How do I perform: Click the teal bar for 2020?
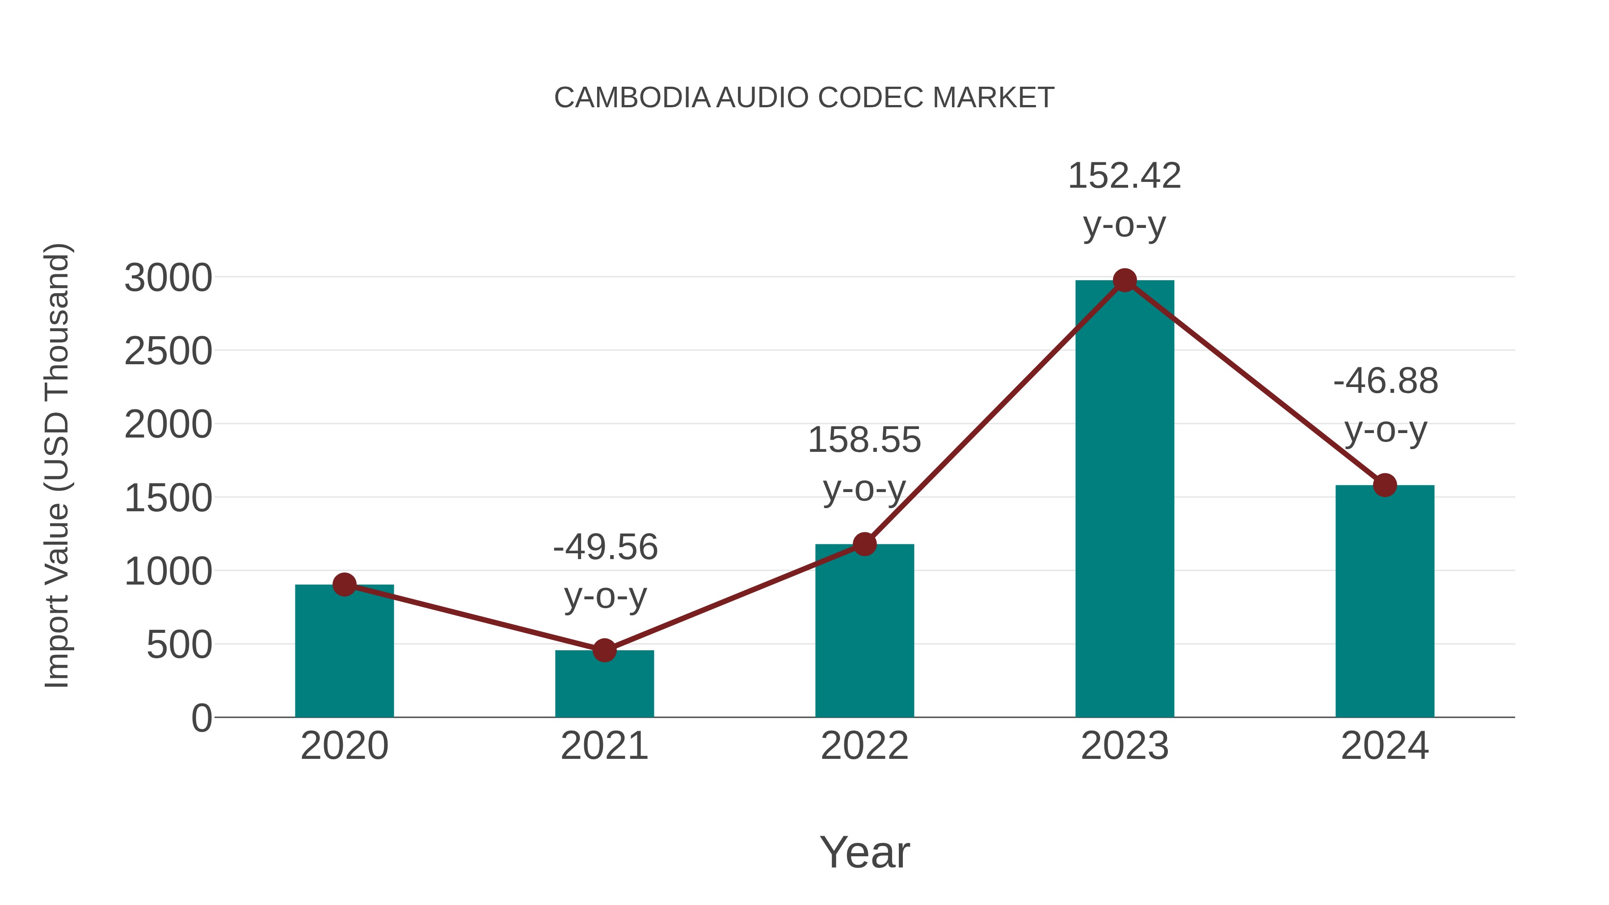(344, 652)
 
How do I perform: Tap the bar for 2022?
(864, 632)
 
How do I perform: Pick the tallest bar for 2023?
(1125, 500)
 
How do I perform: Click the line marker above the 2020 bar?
(344, 585)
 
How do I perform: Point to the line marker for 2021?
(604, 650)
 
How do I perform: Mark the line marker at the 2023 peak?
(1125, 280)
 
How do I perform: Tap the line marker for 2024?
(1385, 484)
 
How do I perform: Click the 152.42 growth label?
(1125, 176)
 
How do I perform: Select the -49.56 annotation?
(605, 548)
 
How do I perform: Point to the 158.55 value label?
(864, 440)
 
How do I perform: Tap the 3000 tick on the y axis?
(168, 278)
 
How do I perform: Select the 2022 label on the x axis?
(864, 746)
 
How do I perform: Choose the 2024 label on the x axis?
(1385, 746)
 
